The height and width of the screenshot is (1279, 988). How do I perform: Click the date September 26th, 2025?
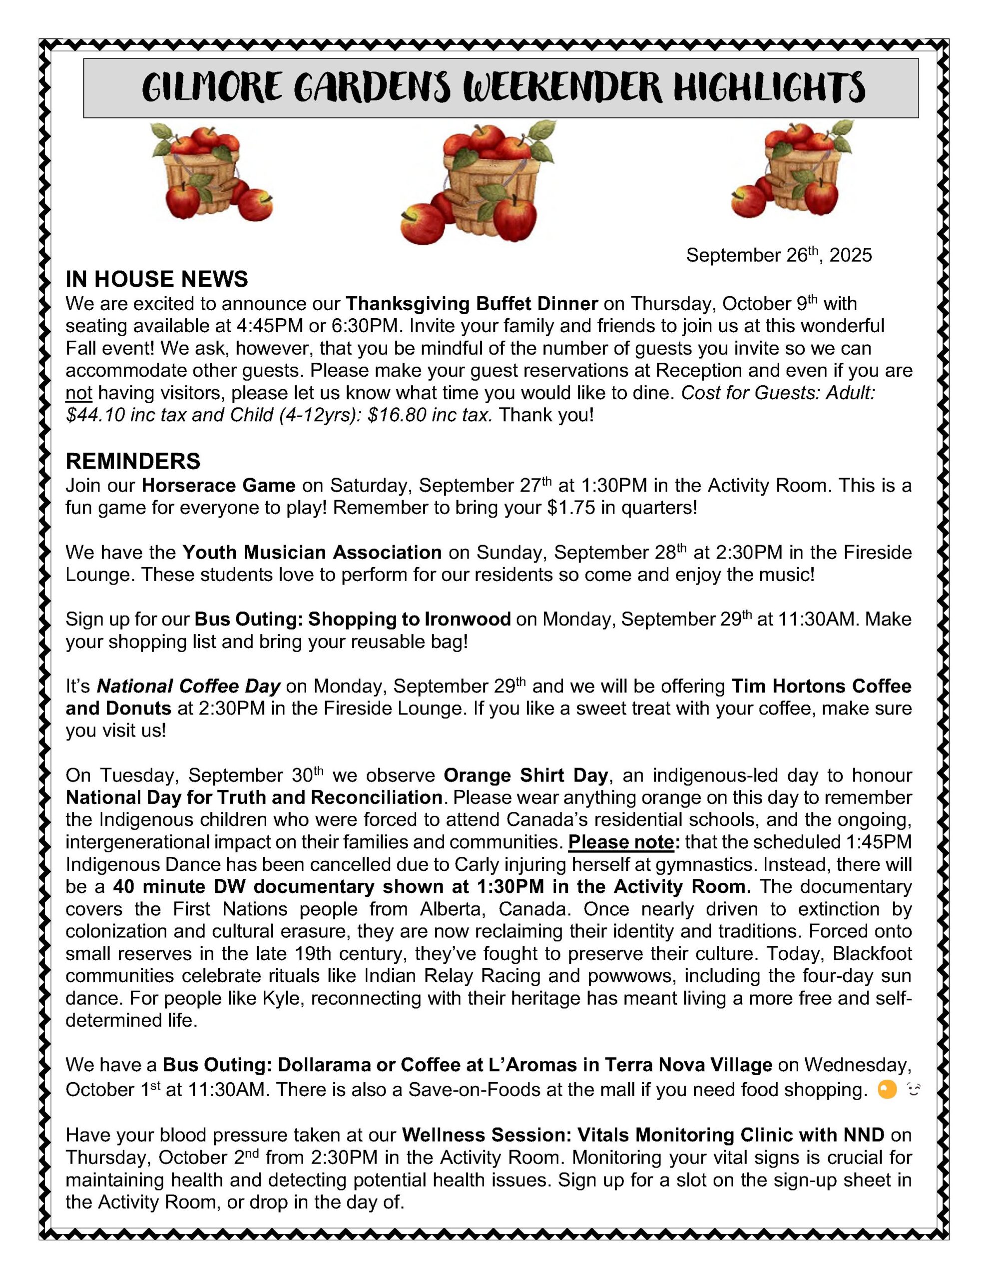(778, 255)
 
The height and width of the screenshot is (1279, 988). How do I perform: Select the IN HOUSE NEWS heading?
(156, 279)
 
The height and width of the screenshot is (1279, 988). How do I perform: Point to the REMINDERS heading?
(133, 462)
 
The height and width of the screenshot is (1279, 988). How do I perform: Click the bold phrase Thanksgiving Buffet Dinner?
(472, 304)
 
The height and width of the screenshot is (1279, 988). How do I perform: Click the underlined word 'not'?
(79, 393)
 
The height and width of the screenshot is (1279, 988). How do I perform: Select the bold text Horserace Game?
(218, 486)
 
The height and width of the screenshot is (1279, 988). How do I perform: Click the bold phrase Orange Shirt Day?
(526, 775)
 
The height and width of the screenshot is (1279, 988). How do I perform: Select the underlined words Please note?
(621, 842)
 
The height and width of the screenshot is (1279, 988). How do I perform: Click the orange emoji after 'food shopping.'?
(887, 1091)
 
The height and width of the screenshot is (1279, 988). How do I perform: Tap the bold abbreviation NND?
(863, 1135)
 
